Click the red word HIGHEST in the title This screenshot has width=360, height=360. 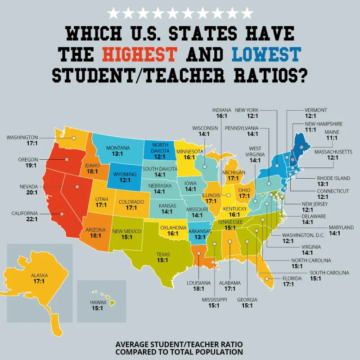139,54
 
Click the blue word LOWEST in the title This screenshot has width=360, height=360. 266,54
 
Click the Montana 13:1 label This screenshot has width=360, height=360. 118,151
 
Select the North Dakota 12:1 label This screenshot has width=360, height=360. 161,150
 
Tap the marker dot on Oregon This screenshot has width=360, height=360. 67,159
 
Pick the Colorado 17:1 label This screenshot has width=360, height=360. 131,205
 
